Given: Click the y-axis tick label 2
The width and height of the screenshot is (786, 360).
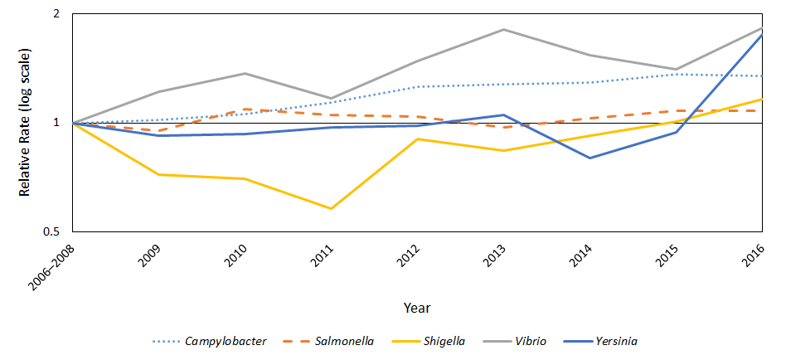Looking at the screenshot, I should pos(56,15).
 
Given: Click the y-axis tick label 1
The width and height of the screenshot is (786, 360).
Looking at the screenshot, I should pos(56,123).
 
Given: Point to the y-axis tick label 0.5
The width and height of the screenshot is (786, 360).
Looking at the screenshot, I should pos(53,231).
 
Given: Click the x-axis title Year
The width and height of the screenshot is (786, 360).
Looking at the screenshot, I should pos(416,308).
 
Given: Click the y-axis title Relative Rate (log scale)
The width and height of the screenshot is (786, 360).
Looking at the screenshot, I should pos(25,123).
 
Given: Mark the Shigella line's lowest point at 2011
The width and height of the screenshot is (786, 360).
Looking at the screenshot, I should pos(332,209).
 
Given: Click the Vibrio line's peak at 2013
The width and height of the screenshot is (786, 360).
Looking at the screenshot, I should pos(504,30).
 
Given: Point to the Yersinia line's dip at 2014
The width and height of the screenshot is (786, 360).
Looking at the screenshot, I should pos(590,158).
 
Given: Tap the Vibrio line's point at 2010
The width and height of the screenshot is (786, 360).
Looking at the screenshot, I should pos(245,74).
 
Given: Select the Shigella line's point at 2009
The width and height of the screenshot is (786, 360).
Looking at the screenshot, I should pos(159,174).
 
